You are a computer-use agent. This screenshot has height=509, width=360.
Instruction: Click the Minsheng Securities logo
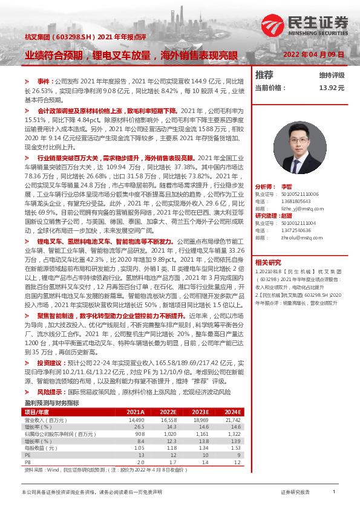click(x=318, y=25)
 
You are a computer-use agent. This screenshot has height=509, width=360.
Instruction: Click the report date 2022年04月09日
click(x=314, y=54)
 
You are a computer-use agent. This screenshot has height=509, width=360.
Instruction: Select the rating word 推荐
click(x=264, y=75)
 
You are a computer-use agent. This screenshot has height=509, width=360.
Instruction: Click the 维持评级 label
click(x=332, y=76)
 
